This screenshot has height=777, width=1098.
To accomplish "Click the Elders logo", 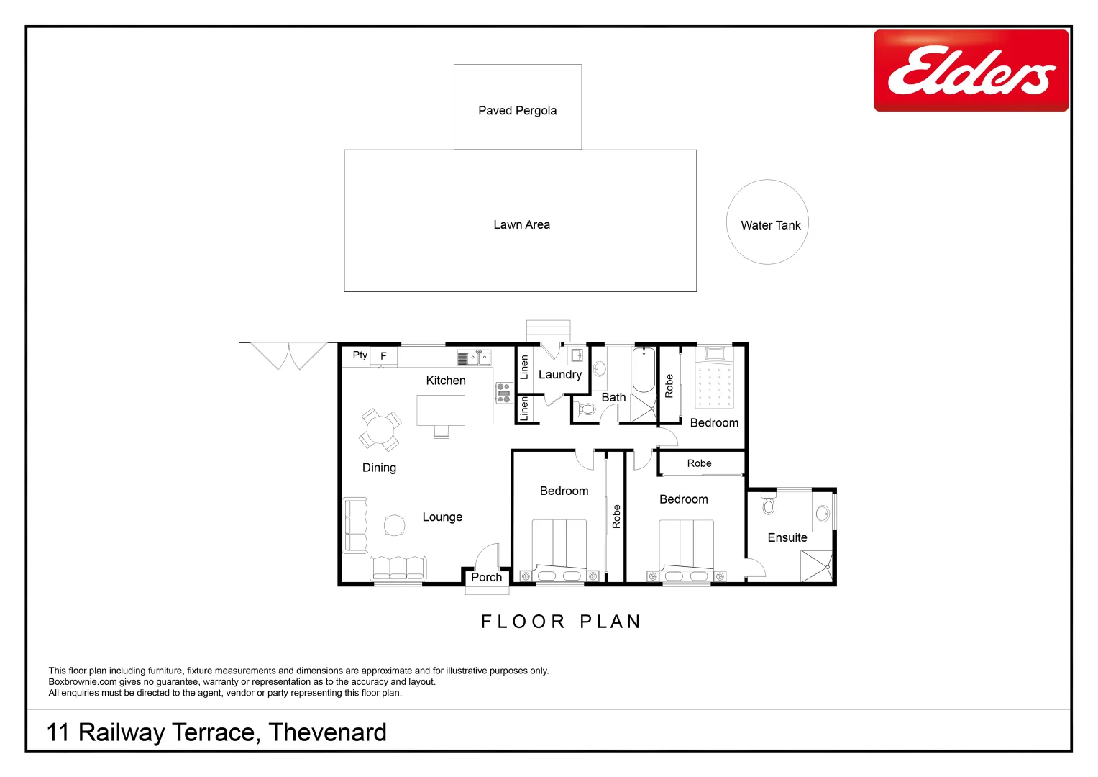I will pyautogui.click(x=971, y=71).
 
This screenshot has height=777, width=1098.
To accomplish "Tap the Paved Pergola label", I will pyautogui.click(x=517, y=111).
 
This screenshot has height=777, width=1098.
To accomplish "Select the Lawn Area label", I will pyautogui.click(x=521, y=225).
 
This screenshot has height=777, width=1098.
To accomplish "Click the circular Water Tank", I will pyautogui.click(x=767, y=222).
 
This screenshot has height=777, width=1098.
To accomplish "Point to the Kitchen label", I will pyautogui.click(x=446, y=381).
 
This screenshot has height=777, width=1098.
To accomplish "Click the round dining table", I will pyautogui.click(x=380, y=430).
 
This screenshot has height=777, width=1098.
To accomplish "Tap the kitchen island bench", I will pyautogui.click(x=441, y=411).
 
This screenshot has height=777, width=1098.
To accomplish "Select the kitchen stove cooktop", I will pyautogui.click(x=503, y=393).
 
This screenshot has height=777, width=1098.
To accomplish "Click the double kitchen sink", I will pyautogui.click(x=479, y=358).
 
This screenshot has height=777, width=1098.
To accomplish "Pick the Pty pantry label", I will pyautogui.click(x=360, y=355).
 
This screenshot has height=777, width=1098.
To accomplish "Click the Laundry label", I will pyautogui.click(x=560, y=375).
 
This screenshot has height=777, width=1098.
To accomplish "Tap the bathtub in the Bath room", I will pyautogui.click(x=644, y=369).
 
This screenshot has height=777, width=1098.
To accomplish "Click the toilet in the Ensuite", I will pyautogui.click(x=768, y=504).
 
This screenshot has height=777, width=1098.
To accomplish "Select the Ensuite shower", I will pyautogui.click(x=817, y=566).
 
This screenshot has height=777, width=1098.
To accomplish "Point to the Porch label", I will pyautogui.click(x=487, y=578).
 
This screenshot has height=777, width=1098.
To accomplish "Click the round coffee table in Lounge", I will pyautogui.click(x=394, y=525).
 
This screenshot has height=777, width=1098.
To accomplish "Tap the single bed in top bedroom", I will pyautogui.click(x=714, y=381).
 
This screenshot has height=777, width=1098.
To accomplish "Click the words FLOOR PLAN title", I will pyautogui.click(x=560, y=622).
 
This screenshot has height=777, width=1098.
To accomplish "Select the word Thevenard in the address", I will pyautogui.click(x=327, y=732).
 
